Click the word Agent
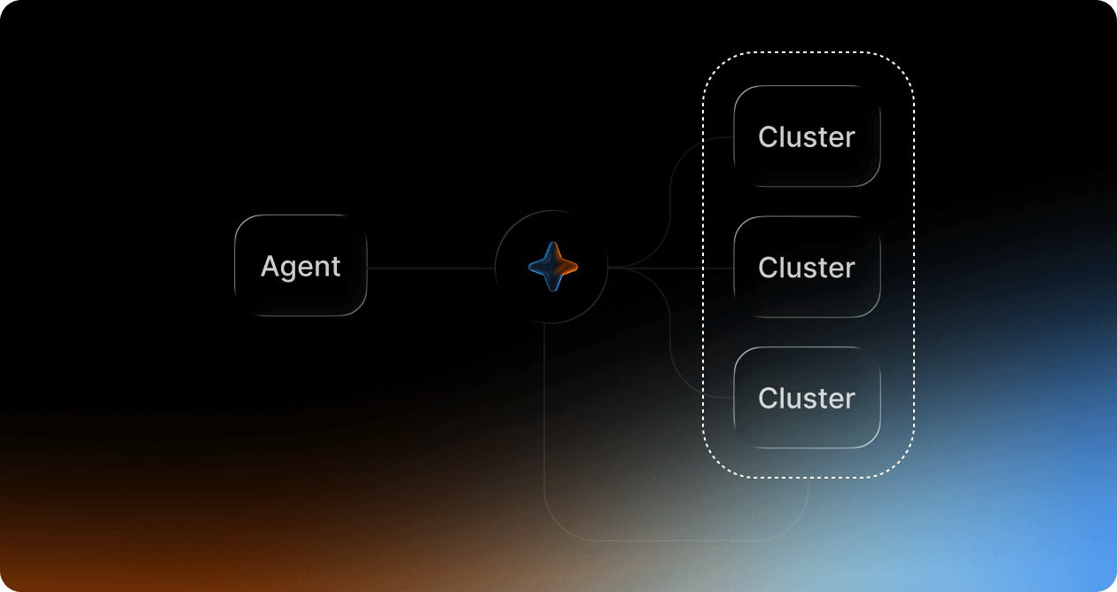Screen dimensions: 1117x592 [301, 268]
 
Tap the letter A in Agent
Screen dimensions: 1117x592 [270, 266]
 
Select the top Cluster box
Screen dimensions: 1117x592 [807, 136]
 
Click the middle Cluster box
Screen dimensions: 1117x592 [807, 267]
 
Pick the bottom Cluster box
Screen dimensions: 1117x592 [807, 397]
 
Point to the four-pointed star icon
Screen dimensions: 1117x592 [553, 267]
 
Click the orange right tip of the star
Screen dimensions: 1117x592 [576, 267]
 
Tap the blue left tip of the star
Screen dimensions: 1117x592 [530, 267]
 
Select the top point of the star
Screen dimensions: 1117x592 [553, 244]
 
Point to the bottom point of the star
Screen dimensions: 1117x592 [553, 290]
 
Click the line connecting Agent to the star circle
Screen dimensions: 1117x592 [431, 269]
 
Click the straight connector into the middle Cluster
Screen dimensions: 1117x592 [671, 269]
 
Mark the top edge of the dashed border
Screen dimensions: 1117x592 [808, 51]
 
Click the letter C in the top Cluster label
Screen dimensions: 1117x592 [769, 137]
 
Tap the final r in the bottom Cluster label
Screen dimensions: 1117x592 [849, 401]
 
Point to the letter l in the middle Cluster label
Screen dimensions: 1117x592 [785, 267]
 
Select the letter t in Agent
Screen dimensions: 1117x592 [336, 267]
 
